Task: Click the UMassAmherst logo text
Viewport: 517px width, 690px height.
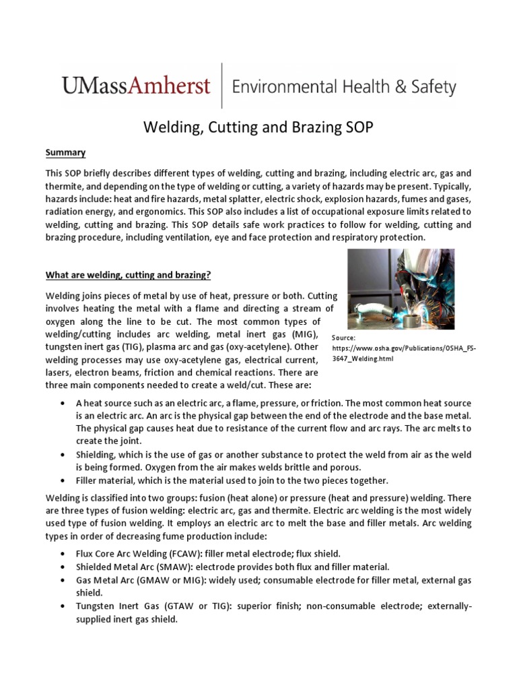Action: (137, 86)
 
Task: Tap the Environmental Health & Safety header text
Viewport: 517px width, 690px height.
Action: (344, 87)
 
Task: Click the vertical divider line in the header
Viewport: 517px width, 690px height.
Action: (221, 86)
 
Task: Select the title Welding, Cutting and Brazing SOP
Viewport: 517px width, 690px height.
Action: (258, 127)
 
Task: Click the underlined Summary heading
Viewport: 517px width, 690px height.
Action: (65, 153)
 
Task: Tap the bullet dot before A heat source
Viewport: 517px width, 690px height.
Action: (62, 403)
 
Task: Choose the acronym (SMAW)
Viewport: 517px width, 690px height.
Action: (175, 567)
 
